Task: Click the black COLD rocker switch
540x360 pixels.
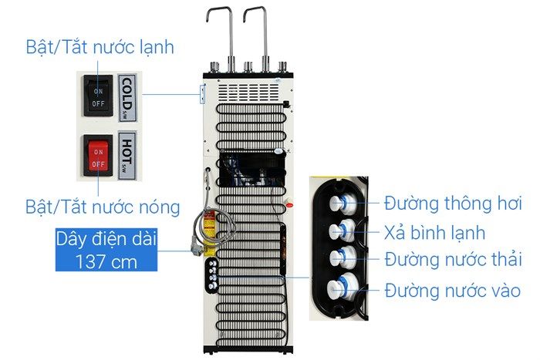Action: coord(98,96)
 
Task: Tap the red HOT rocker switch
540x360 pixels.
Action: coord(98,156)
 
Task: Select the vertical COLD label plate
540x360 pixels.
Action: coord(127,98)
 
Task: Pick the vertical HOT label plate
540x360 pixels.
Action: coord(127,156)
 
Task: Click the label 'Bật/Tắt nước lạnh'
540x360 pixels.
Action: coord(100,47)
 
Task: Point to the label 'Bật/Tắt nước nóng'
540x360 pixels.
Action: coord(103,207)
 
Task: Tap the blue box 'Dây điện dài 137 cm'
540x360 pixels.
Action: coord(106,250)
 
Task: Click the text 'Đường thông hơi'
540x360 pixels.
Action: coord(454,204)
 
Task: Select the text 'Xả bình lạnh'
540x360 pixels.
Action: coord(434,234)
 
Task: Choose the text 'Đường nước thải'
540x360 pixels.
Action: coord(454,260)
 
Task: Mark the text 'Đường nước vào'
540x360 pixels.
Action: coord(453,291)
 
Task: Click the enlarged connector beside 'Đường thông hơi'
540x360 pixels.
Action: coord(343,203)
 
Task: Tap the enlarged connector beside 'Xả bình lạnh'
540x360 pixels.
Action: coord(342,230)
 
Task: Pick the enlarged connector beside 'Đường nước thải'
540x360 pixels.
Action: coord(343,257)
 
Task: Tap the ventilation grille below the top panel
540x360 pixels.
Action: coord(248,93)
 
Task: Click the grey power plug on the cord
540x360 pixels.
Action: coord(197,249)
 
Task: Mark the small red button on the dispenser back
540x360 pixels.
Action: coord(289,206)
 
